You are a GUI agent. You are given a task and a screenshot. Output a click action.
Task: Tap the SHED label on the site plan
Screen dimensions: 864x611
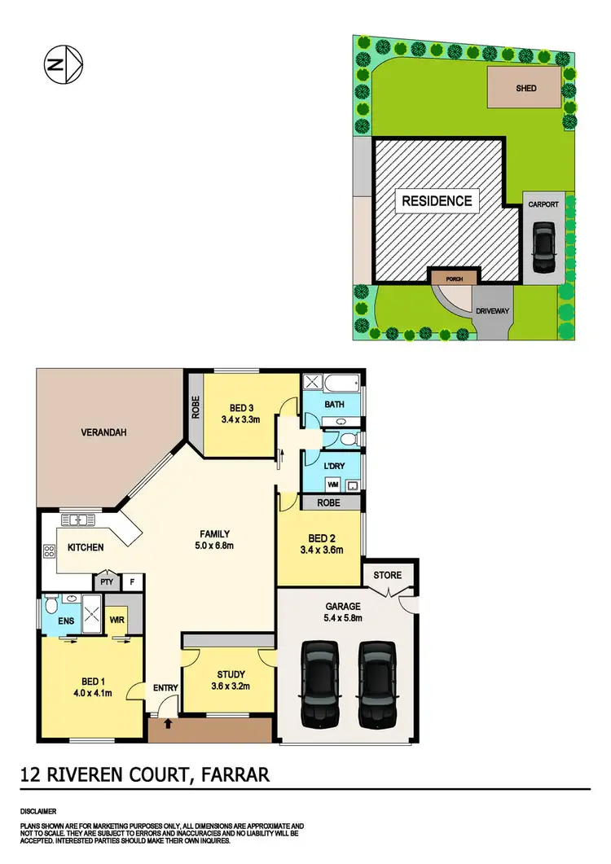click(x=526, y=88)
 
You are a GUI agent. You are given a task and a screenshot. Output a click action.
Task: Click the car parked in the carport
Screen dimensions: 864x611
click(x=543, y=248)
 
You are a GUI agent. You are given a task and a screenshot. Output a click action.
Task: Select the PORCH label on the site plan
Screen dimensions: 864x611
click(x=454, y=278)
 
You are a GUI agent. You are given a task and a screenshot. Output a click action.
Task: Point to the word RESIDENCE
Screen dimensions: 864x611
click(x=435, y=201)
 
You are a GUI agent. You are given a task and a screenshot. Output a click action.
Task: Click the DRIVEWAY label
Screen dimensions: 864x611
click(x=492, y=310)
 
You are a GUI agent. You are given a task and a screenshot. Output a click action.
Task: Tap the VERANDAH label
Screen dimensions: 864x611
click(x=102, y=432)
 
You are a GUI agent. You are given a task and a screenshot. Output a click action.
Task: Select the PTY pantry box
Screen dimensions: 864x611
click(x=106, y=582)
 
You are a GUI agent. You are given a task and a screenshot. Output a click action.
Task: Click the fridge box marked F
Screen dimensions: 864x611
click(x=131, y=582)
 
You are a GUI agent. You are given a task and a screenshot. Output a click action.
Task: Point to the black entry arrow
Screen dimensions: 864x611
click(x=168, y=721)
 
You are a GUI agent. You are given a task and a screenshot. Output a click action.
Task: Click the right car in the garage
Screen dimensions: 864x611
click(x=376, y=684)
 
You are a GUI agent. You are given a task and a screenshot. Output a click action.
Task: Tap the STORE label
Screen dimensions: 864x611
click(x=387, y=576)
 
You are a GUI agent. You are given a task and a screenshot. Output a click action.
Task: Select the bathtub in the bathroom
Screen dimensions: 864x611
click(x=332, y=383)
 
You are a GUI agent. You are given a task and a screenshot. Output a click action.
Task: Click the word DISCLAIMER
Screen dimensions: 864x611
click(x=38, y=812)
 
